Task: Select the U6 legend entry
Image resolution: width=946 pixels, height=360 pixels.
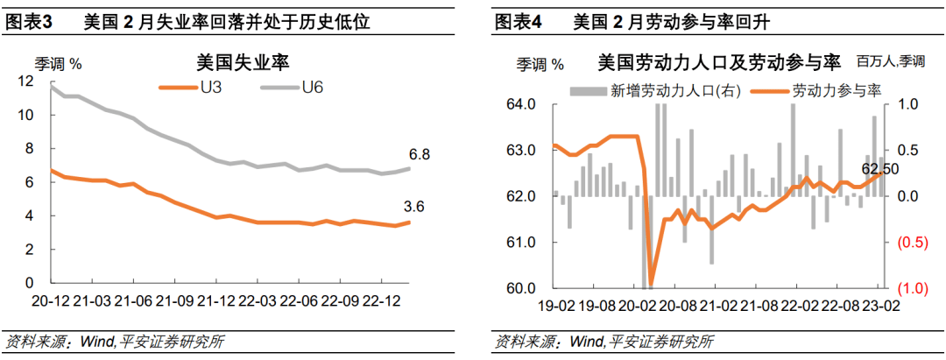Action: pyautogui.click(x=314, y=86)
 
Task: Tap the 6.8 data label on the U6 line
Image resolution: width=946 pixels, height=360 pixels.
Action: pyautogui.click(x=420, y=154)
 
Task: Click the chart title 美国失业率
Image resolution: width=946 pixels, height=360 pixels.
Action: pyautogui.click(x=244, y=62)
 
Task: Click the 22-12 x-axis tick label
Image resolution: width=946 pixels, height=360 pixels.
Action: pyautogui.click(x=382, y=301)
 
